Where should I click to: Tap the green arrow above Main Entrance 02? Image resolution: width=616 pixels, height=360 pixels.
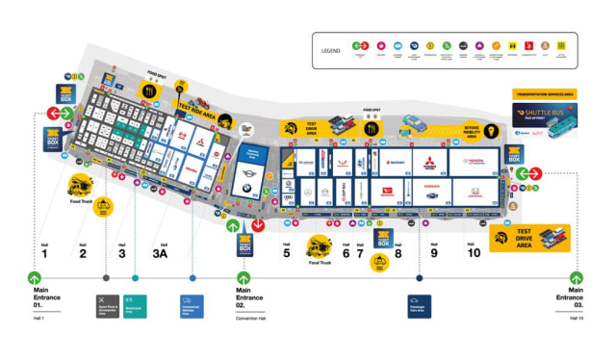pyautogui.click(x=244, y=279)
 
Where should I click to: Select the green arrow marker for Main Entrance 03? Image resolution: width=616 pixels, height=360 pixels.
pyautogui.click(x=576, y=279)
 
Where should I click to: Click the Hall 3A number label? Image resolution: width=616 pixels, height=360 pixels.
pyautogui.click(x=162, y=254)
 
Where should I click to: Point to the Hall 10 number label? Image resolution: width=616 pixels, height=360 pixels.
pyautogui.click(x=474, y=254)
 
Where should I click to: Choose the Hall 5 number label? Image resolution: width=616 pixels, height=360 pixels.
pyautogui.click(x=286, y=254)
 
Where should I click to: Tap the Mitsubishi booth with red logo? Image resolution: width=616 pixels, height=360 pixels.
pyautogui.click(x=426, y=161)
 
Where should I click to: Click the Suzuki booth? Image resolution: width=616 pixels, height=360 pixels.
pyautogui.click(x=395, y=161)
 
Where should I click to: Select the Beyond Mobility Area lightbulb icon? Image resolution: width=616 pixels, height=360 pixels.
pyautogui.click(x=490, y=132)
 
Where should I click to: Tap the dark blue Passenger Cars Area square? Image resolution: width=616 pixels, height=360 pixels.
pyautogui.click(x=420, y=305)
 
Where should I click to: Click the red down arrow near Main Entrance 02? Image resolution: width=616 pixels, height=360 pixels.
pyautogui.click(x=258, y=226)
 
